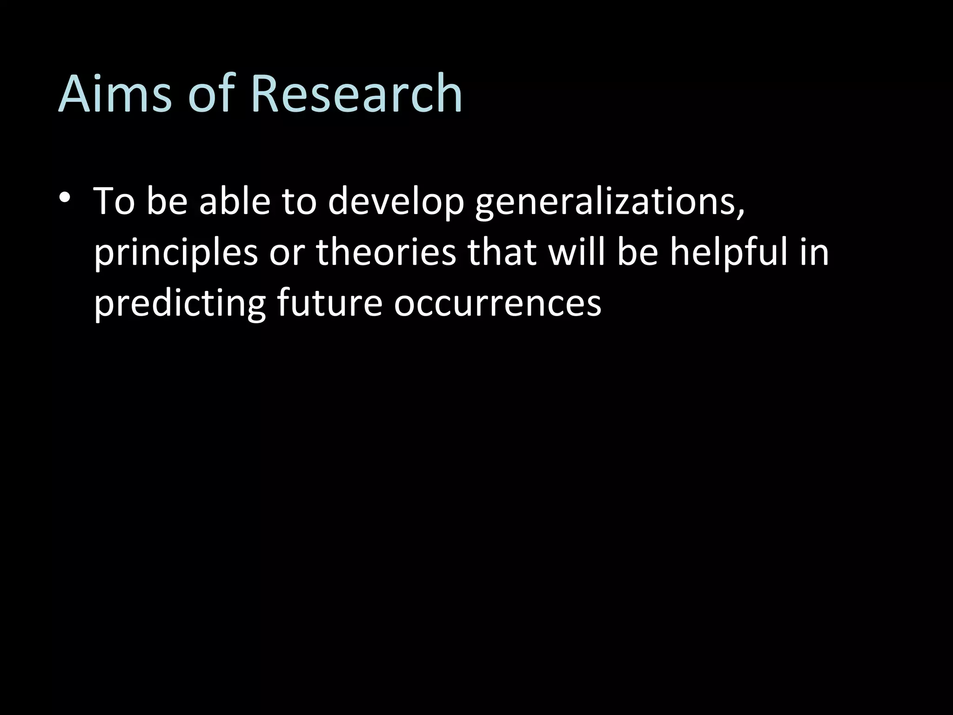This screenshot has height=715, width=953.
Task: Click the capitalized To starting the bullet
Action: (x=114, y=202)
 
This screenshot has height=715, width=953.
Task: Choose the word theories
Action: (x=386, y=252)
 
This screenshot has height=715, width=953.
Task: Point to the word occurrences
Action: (x=497, y=304)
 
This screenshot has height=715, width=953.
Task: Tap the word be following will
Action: (x=638, y=252)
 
